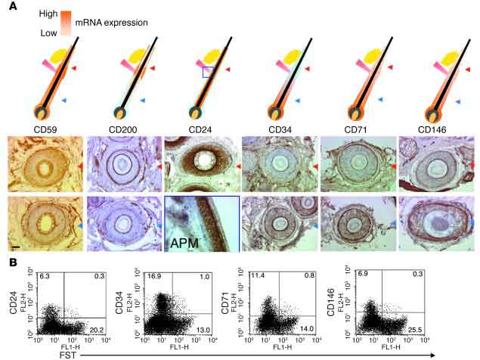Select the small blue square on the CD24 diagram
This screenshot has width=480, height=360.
[x=208, y=73]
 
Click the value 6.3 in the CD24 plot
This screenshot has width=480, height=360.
[x=45, y=279]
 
